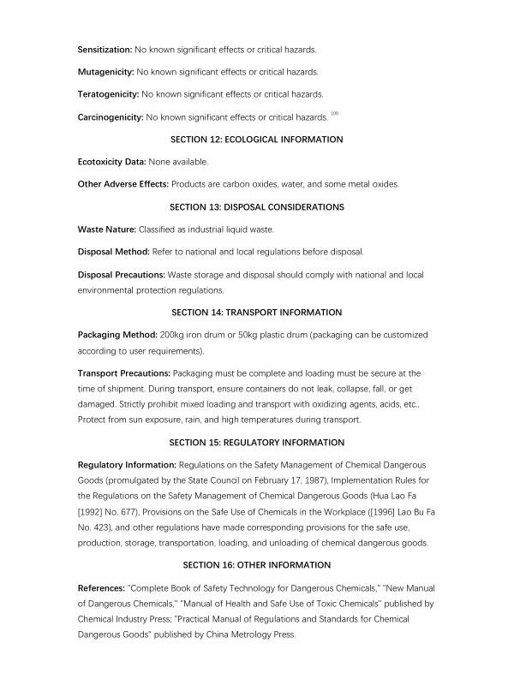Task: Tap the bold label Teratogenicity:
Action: click(109, 93)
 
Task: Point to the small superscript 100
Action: click(334, 112)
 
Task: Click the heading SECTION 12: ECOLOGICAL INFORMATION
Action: click(257, 139)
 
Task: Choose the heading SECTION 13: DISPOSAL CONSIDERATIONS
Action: click(257, 207)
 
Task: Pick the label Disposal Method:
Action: click(114, 253)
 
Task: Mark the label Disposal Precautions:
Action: click(121, 275)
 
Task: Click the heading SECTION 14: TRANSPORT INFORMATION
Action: click(257, 312)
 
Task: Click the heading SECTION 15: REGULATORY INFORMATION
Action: click(257, 443)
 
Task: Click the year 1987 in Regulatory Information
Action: click(322, 481)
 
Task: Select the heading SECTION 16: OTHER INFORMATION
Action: click(257, 564)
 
